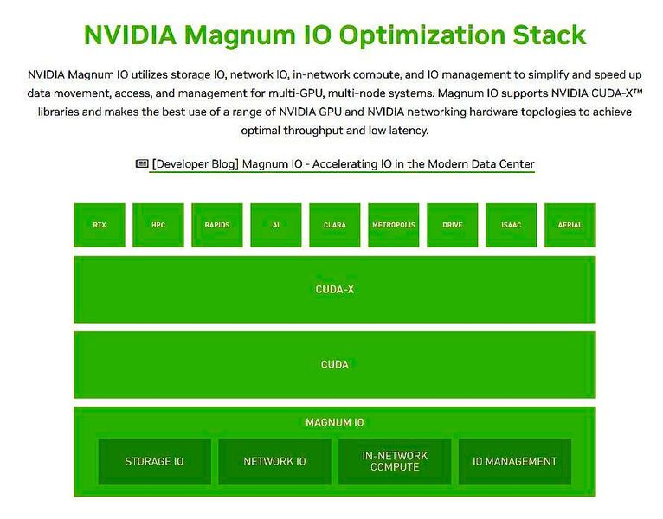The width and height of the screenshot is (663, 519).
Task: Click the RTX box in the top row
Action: point(100,225)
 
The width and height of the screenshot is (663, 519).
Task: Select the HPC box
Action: point(158,225)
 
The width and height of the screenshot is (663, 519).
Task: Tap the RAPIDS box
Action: point(217,225)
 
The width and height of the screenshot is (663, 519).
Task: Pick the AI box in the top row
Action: point(276,225)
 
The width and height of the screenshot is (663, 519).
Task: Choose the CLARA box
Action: point(335,225)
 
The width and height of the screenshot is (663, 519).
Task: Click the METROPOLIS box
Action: point(394,225)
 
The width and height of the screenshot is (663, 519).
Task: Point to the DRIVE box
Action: point(453,225)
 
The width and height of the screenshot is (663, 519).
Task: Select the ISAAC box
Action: point(512,225)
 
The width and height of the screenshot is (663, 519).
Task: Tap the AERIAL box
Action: point(570,225)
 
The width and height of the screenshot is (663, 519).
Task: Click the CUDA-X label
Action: point(335,289)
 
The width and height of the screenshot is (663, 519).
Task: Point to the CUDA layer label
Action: point(335,364)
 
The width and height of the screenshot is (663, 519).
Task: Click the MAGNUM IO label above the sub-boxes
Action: point(335,423)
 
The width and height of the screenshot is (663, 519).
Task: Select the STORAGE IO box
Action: point(155,461)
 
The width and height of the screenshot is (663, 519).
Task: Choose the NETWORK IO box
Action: point(274,461)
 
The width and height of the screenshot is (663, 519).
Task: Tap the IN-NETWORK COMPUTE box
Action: point(395,460)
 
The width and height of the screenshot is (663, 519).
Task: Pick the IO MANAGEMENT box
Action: point(514,461)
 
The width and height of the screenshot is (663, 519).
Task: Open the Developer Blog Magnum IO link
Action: point(343,164)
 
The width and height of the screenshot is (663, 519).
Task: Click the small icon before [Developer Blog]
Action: point(142,163)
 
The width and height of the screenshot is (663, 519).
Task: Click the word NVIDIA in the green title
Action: point(130,35)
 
